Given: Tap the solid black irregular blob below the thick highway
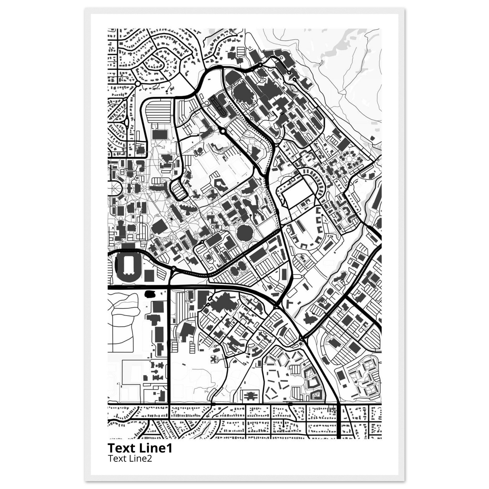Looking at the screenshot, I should (x=150, y=294).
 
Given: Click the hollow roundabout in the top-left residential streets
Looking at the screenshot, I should (x=138, y=83).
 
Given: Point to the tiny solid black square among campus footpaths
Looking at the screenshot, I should (x=171, y=218).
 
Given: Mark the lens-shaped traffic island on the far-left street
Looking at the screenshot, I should (x=126, y=123).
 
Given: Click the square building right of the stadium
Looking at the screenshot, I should (x=149, y=275).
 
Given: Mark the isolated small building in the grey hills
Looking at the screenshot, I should (x=372, y=138).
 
